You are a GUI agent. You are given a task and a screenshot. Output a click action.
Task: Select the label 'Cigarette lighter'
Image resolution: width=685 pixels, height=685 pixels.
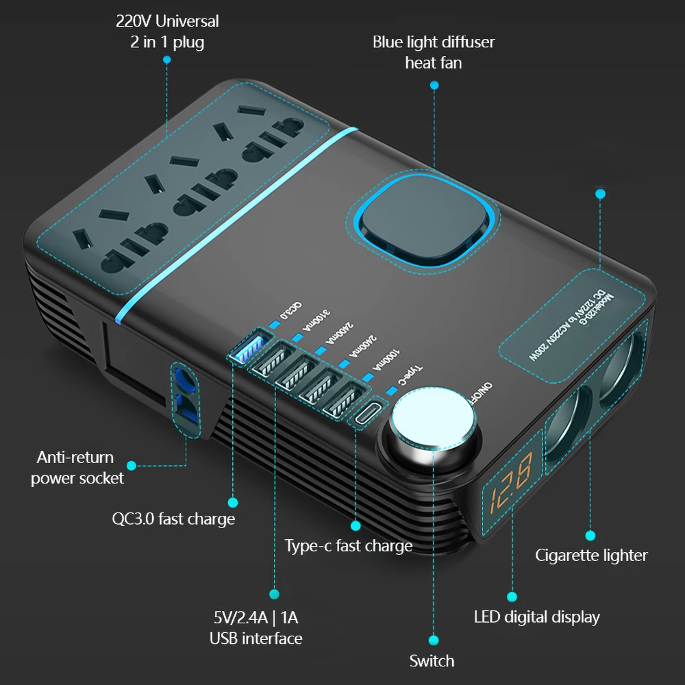591,555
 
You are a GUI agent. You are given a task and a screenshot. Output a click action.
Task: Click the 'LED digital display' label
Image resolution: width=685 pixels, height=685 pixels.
536,616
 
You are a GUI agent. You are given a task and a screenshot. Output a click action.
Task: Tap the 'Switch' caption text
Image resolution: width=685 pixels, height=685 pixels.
432,661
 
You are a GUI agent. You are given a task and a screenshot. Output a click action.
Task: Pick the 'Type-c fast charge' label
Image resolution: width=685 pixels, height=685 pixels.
349,546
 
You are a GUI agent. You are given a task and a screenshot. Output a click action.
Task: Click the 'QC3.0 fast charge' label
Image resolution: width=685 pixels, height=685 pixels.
173,519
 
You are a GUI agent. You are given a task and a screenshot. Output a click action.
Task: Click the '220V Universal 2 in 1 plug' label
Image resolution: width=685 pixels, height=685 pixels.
167,32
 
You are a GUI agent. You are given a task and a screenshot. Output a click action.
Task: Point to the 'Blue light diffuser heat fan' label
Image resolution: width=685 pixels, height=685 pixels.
434,52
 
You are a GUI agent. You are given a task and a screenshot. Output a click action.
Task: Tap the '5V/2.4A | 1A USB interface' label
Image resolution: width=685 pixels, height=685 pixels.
256,627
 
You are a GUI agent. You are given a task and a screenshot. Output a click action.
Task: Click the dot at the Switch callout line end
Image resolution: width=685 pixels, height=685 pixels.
433,640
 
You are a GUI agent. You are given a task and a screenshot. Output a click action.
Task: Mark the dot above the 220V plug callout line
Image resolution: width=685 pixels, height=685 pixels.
167,60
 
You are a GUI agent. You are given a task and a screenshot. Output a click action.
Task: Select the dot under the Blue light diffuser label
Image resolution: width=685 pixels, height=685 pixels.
434,85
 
